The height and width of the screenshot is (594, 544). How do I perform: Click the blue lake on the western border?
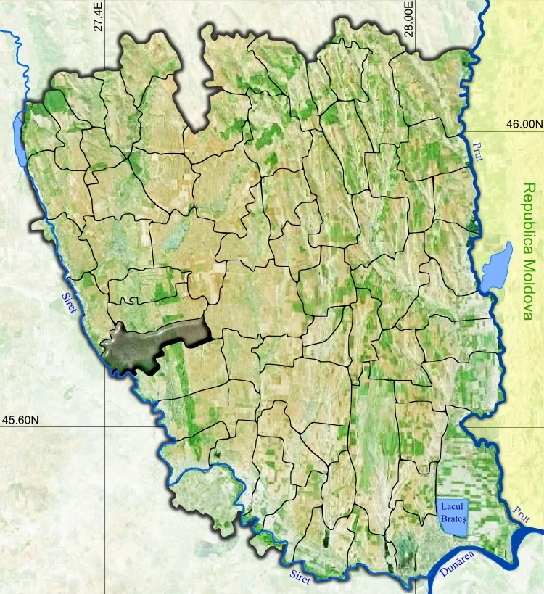tap(20, 136)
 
